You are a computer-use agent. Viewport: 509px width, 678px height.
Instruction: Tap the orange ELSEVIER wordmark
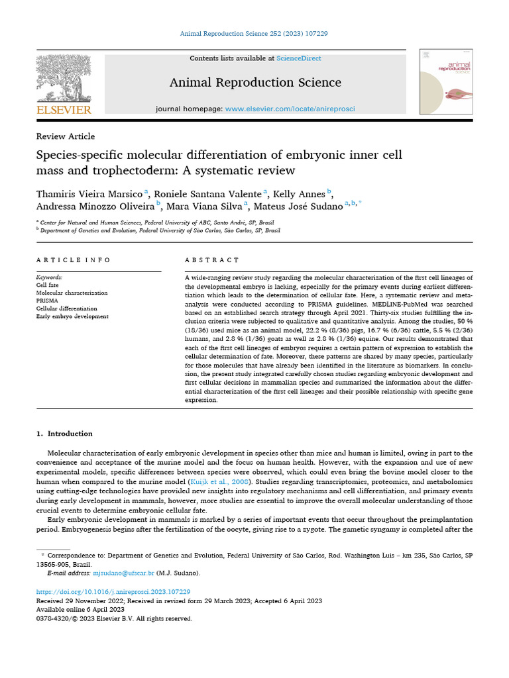64,109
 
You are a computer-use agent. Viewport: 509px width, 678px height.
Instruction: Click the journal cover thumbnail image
445,81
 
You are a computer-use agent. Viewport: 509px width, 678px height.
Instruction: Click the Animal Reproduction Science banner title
255,83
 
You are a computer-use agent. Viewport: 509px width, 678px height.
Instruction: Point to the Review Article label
66,136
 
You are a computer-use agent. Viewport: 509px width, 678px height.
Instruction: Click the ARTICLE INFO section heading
74,260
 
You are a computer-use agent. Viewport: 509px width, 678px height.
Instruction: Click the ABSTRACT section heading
212,260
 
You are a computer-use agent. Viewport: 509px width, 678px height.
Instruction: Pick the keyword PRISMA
47,301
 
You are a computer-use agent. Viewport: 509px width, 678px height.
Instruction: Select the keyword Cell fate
48,285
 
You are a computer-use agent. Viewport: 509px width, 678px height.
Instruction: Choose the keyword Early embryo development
72,316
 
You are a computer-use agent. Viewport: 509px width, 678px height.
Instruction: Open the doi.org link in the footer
113,591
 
